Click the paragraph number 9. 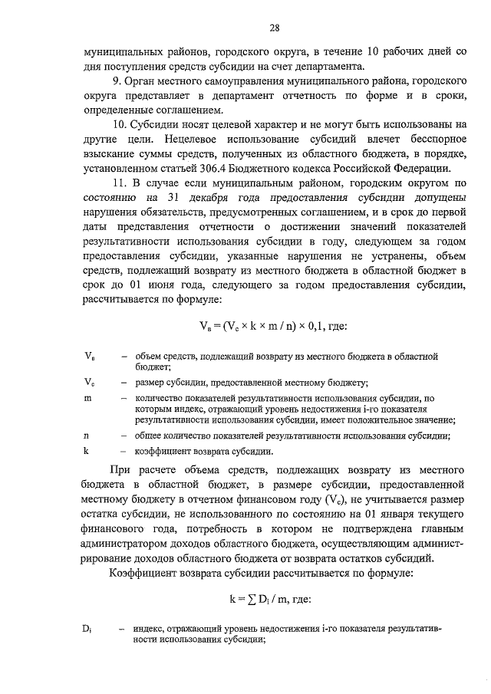pyautogui.click(x=114, y=81)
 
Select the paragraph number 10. pyautogui.click(x=117, y=125)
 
